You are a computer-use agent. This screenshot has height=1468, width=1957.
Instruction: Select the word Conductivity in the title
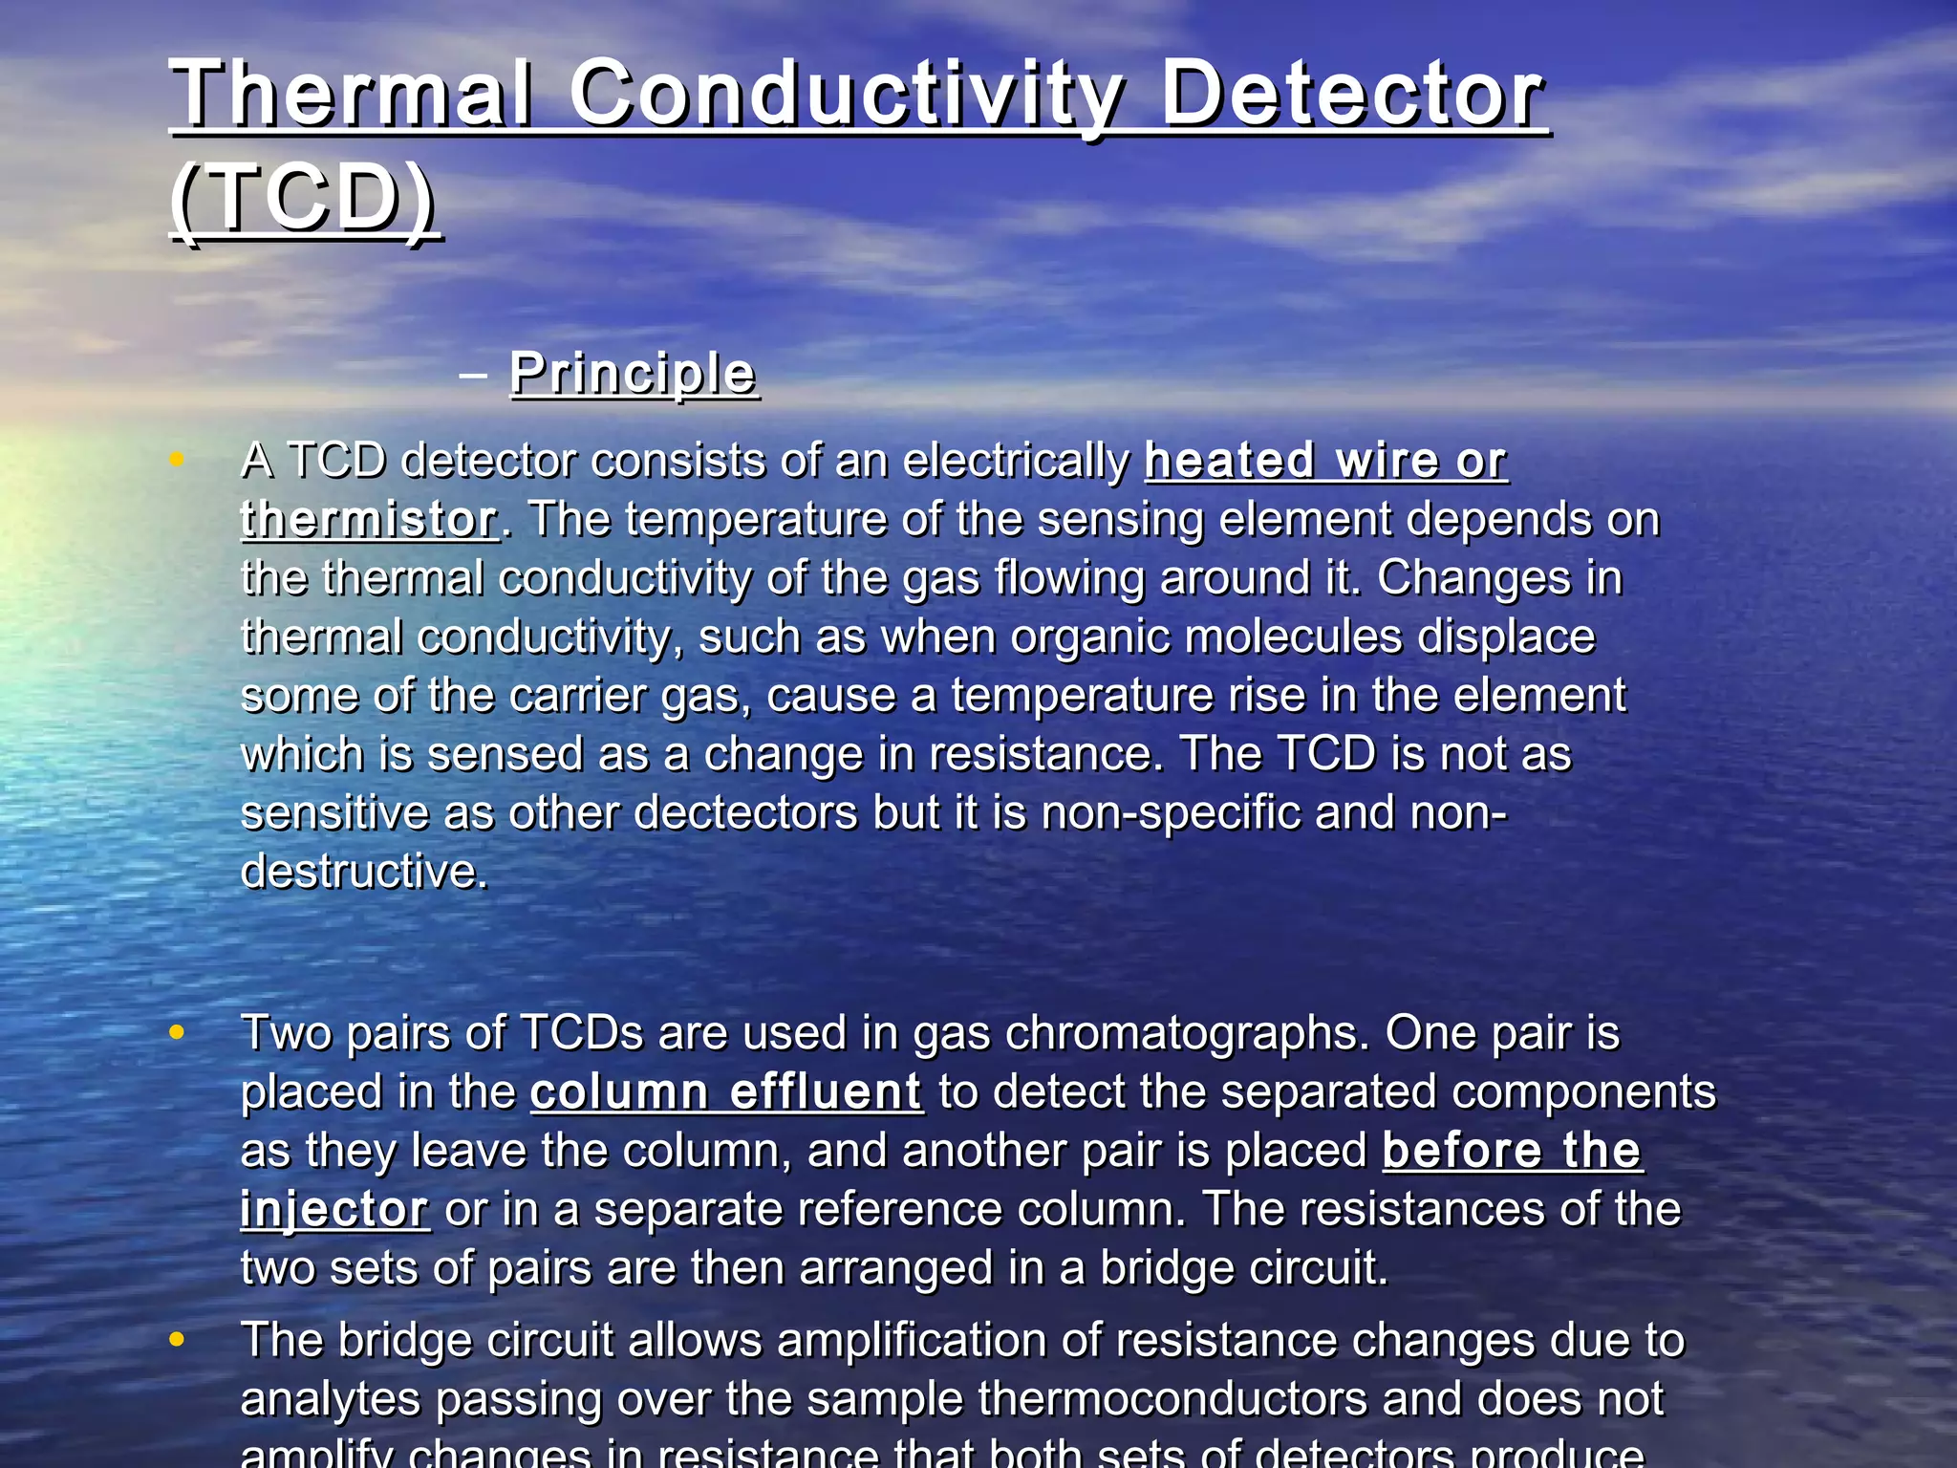pos(847,96)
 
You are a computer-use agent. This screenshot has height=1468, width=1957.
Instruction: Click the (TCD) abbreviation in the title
pos(305,198)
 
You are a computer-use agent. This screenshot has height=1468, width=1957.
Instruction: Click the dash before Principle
pos(472,375)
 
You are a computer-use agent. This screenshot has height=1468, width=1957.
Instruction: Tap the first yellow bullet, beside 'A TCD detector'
pos(177,460)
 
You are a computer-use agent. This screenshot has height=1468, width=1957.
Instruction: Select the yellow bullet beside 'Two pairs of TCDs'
pos(177,1032)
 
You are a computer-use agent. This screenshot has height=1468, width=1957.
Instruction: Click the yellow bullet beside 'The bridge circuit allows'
pos(177,1339)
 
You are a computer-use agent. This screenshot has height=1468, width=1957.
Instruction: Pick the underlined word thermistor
pos(369,520)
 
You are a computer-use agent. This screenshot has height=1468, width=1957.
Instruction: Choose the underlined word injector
pos(334,1209)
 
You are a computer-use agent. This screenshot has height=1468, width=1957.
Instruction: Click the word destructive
pos(363,872)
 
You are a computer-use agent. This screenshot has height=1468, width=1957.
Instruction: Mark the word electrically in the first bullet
pos(1015,461)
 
